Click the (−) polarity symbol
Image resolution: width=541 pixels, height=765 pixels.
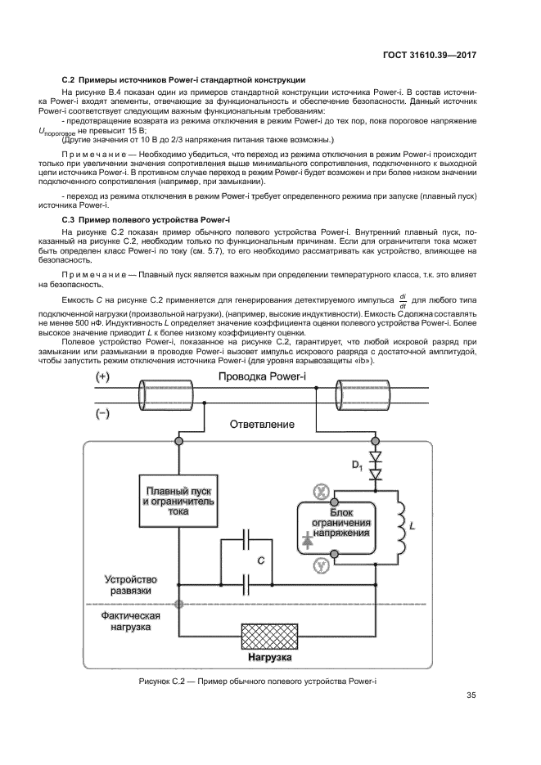tap(103, 414)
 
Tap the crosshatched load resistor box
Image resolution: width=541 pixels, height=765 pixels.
tap(270, 635)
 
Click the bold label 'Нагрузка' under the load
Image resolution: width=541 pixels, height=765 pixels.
tap(270, 657)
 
